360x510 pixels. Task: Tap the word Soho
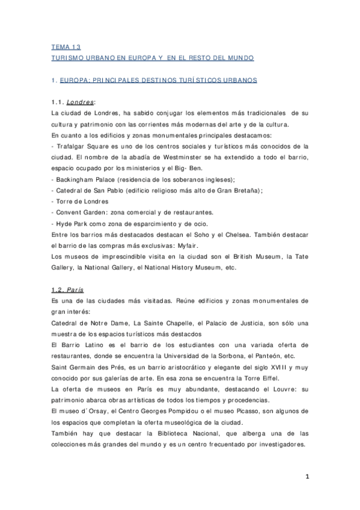pyautogui.click(x=199, y=234)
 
